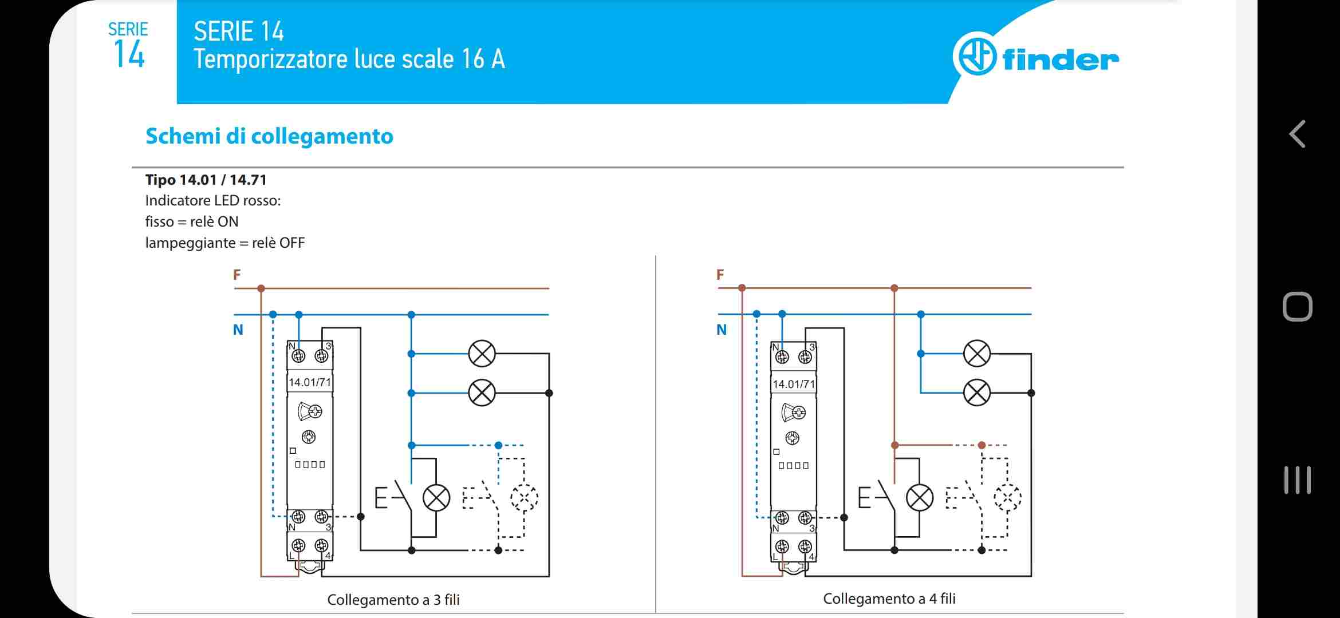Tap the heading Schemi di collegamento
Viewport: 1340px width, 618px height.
(x=269, y=136)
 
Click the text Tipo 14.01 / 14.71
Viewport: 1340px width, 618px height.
(x=206, y=180)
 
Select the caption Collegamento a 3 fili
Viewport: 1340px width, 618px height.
(x=393, y=599)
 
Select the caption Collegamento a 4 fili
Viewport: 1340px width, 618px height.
(x=889, y=598)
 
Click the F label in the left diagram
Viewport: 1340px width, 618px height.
(x=237, y=275)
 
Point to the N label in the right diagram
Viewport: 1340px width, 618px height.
(x=722, y=330)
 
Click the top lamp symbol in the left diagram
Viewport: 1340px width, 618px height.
(x=482, y=354)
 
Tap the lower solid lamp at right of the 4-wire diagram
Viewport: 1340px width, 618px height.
(x=976, y=393)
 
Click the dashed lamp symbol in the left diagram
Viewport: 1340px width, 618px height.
(x=524, y=497)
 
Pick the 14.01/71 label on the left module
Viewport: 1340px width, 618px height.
(x=310, y=382)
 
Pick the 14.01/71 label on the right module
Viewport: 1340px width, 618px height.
(x=793, y=384)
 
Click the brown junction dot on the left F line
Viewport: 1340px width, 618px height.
(x=261, y=288)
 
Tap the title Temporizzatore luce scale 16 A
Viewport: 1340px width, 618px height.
(x=349, y=60)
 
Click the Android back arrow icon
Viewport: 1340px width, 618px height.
(x=1297, y=134)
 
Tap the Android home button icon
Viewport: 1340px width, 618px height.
(x=1297, y=307)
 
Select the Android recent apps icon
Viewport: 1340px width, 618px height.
(x=1297, y=480)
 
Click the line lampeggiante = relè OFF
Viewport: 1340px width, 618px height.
(x=224, y=243)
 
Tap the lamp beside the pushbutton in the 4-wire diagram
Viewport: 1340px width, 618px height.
(x=919, y=497)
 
